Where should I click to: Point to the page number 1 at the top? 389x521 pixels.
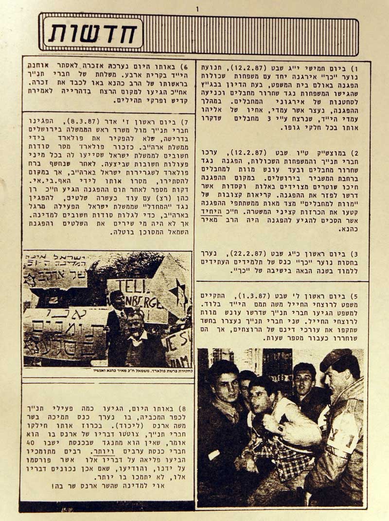[197, 8]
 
